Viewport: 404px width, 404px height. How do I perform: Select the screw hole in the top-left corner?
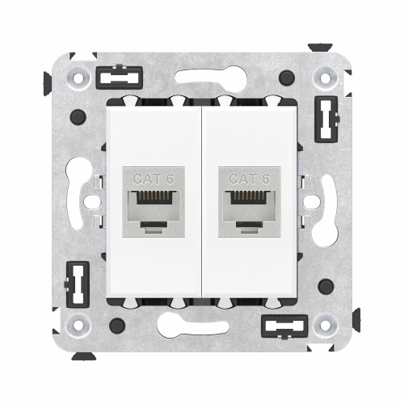[78, 78]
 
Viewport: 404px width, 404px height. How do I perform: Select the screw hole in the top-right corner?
[326, 78]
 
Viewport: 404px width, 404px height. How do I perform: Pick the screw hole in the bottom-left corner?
[78, 326]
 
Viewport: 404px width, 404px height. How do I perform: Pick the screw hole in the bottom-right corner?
[326, 326]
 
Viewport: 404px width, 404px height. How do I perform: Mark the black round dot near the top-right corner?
[286, 78]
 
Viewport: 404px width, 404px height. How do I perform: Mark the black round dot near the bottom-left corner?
[117, 326]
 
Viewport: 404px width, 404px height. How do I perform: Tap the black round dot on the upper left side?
[78, 117]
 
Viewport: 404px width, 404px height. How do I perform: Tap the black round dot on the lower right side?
[326, 286]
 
